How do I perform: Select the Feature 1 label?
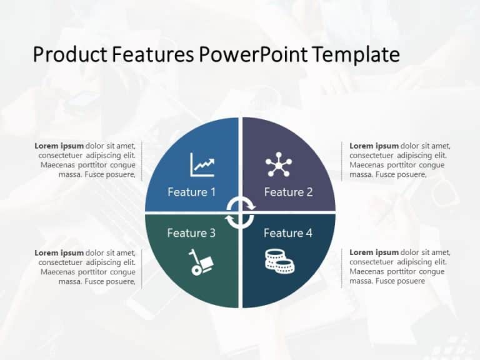click(191, 192)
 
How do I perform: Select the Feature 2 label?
click(288, 192)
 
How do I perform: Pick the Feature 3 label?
click(191, 233)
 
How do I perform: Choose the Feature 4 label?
click(288, 233)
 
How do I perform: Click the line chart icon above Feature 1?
click(202, 165)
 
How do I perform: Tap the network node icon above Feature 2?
click(278, 164)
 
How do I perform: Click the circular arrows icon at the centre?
click(240, 212)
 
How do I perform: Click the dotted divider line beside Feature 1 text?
click(142, 161)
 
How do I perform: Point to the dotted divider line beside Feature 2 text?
click(341, 161)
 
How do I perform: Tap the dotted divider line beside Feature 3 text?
click(142, 267)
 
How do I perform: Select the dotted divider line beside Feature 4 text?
click(341, 267)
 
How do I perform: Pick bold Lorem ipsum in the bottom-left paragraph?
click(59, 252)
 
